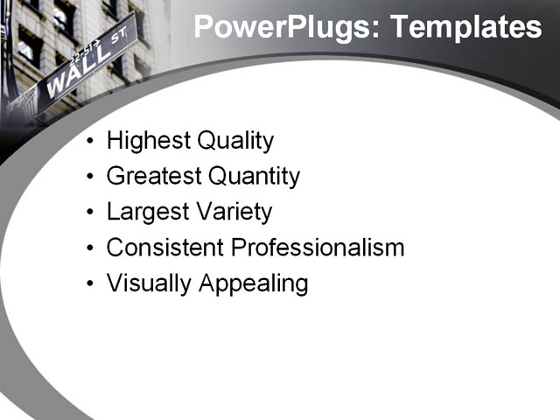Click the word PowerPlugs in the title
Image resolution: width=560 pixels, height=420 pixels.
[282, 27]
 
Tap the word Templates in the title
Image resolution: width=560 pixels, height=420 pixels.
[465, 27]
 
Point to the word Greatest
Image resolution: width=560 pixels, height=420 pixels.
[154, 177]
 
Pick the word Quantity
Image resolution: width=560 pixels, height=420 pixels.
[254, 177]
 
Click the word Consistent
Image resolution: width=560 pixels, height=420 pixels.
[165, 248]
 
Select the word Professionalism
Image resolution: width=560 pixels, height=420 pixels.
[318, 248]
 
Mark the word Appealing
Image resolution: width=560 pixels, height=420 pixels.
[254, 284]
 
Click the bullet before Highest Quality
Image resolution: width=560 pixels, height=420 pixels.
[92, 142]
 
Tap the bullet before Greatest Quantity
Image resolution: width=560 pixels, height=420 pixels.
[92, 178]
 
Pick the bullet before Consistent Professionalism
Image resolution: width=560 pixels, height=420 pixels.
[92, 248]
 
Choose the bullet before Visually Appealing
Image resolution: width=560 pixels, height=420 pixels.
[92, 284]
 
